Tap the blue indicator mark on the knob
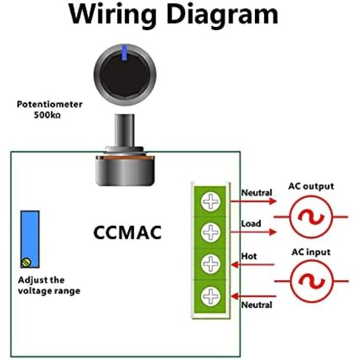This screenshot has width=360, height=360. coord(124,53)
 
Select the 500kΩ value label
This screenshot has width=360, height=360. coord(48,115)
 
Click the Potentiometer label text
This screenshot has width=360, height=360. coord(49,104)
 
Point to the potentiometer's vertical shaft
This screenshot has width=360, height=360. coord(124,131)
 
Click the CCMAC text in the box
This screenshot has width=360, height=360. coord(127,233)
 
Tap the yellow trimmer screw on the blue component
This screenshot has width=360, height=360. coord(26,263)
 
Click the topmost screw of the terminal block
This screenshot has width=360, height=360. coord(211,202)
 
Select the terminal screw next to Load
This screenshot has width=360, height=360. coord(211,232)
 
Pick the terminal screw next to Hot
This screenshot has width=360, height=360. coord(211,264)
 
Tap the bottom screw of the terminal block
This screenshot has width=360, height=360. coord(211,297)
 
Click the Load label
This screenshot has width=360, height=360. coord(251,223)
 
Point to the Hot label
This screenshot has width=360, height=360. coord(249,256)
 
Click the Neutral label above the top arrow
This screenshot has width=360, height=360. coord(257,192)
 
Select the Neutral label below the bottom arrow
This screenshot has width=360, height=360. coord(257,305)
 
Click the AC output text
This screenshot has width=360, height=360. coord(311,186)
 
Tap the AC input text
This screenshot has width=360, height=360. coord(311,252)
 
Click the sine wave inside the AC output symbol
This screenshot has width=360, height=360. coord(311,217)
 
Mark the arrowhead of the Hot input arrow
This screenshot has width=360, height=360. coord(235,264)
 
